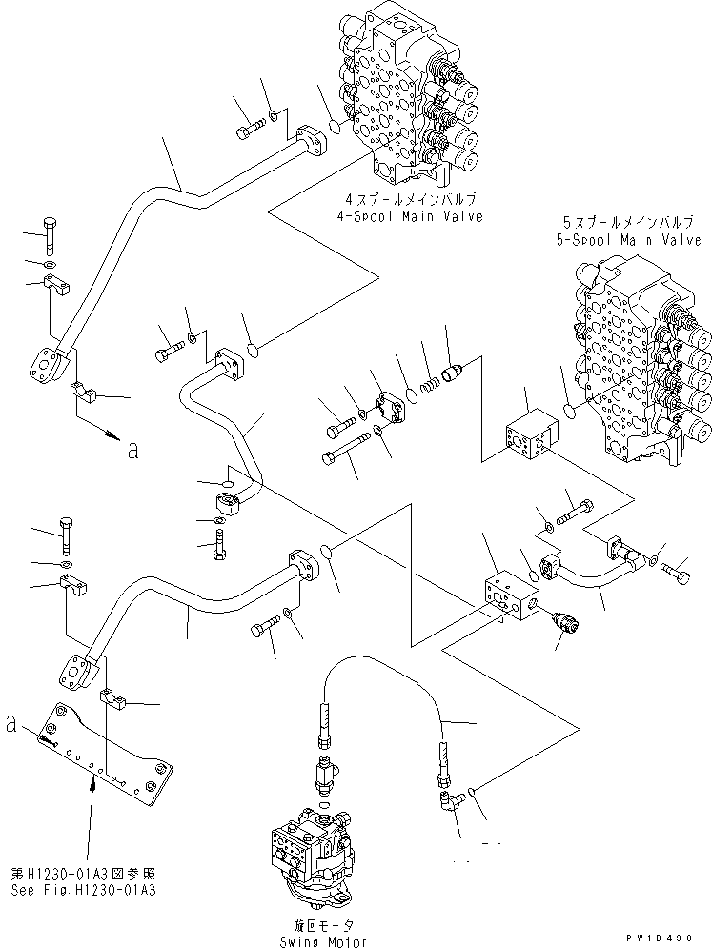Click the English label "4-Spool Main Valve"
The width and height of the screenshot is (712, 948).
pos(415,216)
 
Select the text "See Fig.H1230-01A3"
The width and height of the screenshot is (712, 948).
pos(84,891)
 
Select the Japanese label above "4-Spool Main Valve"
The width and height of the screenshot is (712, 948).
pos(415,198)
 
